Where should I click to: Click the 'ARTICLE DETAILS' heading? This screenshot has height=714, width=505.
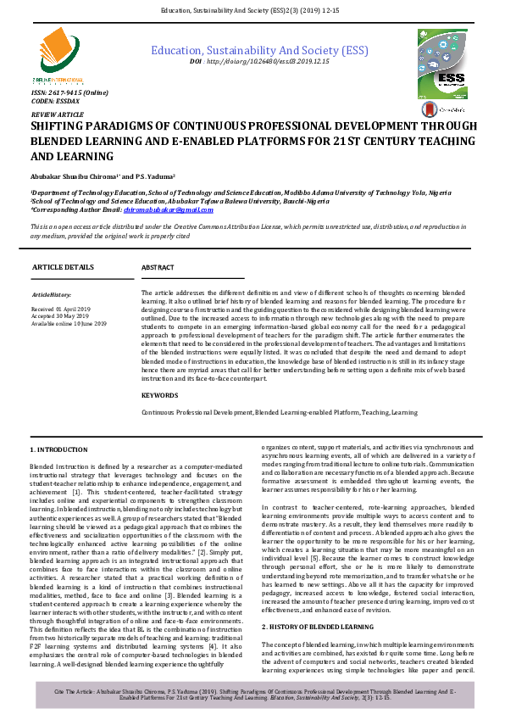[63, 266]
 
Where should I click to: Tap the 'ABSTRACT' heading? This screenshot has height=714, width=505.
[158, 267]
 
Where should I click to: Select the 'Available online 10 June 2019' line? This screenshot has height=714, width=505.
[69, 324]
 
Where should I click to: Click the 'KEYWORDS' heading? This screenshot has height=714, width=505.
[160, 395]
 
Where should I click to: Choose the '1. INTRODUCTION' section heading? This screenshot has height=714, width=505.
[58, 449]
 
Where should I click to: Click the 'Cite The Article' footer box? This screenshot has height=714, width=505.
[252, 695]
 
